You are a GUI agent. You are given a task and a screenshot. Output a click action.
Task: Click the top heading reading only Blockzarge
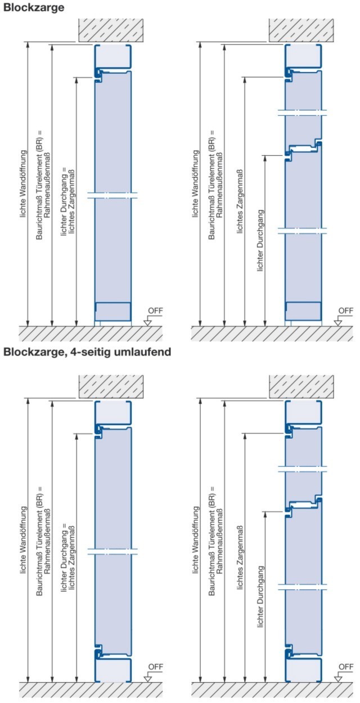click(34, 7)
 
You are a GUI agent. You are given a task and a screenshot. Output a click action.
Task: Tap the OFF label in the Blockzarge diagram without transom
click(155, 310)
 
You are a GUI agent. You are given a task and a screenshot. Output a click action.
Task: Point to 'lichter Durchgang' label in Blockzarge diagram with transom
click(260, 241)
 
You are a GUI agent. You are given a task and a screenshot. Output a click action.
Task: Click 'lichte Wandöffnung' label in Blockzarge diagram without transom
click(24, 184)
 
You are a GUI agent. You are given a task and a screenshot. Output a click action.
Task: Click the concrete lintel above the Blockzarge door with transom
click(301, 30)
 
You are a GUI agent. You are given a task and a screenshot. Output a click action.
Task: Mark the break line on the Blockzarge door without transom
click(112, 195)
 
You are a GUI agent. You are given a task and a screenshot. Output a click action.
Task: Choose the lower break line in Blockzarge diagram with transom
click(303, 231)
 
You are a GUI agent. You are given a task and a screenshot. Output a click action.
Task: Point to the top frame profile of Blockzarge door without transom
click(113, 56)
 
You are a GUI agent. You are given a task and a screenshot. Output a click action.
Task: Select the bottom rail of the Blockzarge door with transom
click(303, 312)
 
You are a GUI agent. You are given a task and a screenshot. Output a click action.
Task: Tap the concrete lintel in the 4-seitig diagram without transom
click(111, 387)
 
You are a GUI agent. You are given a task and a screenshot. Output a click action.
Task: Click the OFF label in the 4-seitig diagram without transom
click(155, 666)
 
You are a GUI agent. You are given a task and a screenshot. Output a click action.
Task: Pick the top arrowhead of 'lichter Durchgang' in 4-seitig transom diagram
click(265, 514)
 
